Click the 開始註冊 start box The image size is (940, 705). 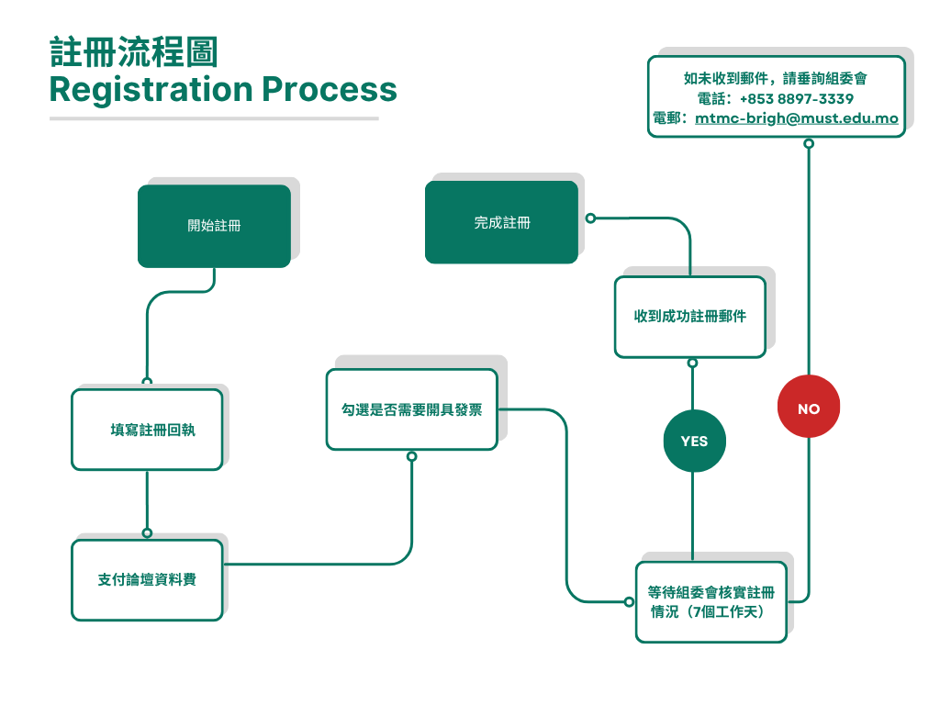[x=214, y=226]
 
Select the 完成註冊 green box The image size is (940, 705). [x=501, y=223]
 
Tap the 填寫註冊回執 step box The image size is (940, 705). [x=147, y=430]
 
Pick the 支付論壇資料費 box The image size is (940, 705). [x=147, y=580]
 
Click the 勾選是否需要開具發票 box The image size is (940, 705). [x=411, y=409]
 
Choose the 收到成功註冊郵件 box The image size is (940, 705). [x=689, y=317]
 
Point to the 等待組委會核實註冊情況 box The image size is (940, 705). [x=711, y=602]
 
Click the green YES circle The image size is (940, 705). [x=694, y=442]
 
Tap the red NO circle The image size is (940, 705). [x=809, y=408]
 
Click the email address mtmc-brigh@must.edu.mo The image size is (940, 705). [x=796, y=118]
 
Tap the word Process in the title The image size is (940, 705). [x=330, y=90]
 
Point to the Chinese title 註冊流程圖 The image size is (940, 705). [x=134, y=53]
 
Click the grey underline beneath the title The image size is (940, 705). [x=214, y=118]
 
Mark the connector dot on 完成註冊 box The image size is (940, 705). [x=590, y=218]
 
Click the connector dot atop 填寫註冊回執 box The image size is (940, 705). [x=147, y=381]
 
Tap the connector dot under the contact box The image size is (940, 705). [x=809, y=143]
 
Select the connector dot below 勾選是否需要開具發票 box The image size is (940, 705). [x=411, y=456]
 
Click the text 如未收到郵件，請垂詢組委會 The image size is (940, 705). [x=776, y=78]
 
